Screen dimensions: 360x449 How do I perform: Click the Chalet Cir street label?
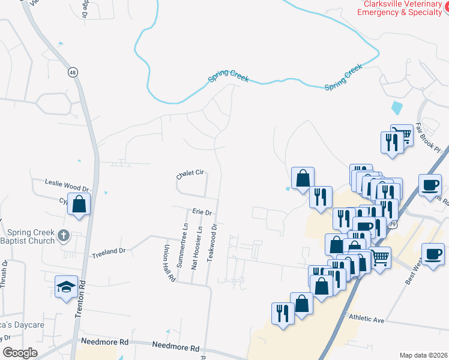[x=190, y=174]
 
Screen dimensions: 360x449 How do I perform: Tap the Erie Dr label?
[x=202, y=212]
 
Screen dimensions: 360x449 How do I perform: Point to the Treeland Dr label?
[x=109, y=254]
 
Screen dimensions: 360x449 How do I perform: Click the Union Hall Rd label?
[x=168, y=263]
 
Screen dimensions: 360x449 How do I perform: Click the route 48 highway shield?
[x=73, y=72]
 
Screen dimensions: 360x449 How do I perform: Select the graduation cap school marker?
[x=66, y=286]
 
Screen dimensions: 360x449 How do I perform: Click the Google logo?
[x=20, y=352]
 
